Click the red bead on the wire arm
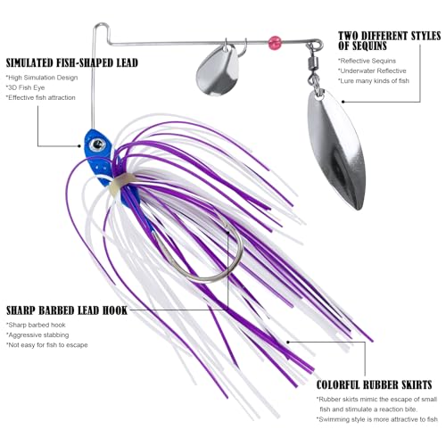[275, 43]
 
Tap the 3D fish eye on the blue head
[97, 145]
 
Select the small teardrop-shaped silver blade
[218, 71]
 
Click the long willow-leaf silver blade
[336, 149]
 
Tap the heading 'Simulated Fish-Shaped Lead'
[72, 63]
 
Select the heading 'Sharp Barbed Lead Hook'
[67, 310]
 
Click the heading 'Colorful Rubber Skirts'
[374, 384]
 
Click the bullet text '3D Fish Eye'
[26, 87]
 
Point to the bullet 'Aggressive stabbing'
[37, 335]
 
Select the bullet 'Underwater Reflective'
[372, 70]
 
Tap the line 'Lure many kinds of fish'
[374, 81]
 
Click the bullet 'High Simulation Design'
[42, 78]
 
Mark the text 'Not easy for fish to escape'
[47, 345]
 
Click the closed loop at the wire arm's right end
[318, 45]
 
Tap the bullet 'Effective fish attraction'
[41, 97]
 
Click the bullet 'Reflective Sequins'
[367, 61]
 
